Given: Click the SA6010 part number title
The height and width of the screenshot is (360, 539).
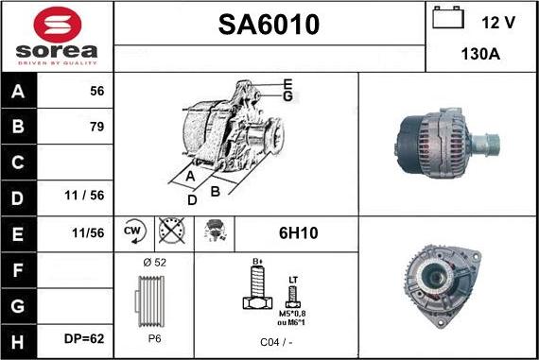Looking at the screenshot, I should click(x=269, y=25).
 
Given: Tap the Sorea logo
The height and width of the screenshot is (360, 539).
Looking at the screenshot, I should click(x=57, y=36).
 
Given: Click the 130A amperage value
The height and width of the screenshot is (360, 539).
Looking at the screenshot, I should click(x=480, y=54).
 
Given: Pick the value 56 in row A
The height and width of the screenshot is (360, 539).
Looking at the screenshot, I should click(x=96, y=93).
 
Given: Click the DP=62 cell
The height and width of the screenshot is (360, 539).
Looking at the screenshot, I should click(x=84, y=336).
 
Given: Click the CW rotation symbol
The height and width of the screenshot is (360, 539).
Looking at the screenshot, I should click(x=134, y=230).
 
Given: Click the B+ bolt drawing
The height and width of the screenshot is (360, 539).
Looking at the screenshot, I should click(x=254, y=286).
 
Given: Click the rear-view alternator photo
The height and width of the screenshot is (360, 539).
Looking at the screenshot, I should click(x=447, y=283).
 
